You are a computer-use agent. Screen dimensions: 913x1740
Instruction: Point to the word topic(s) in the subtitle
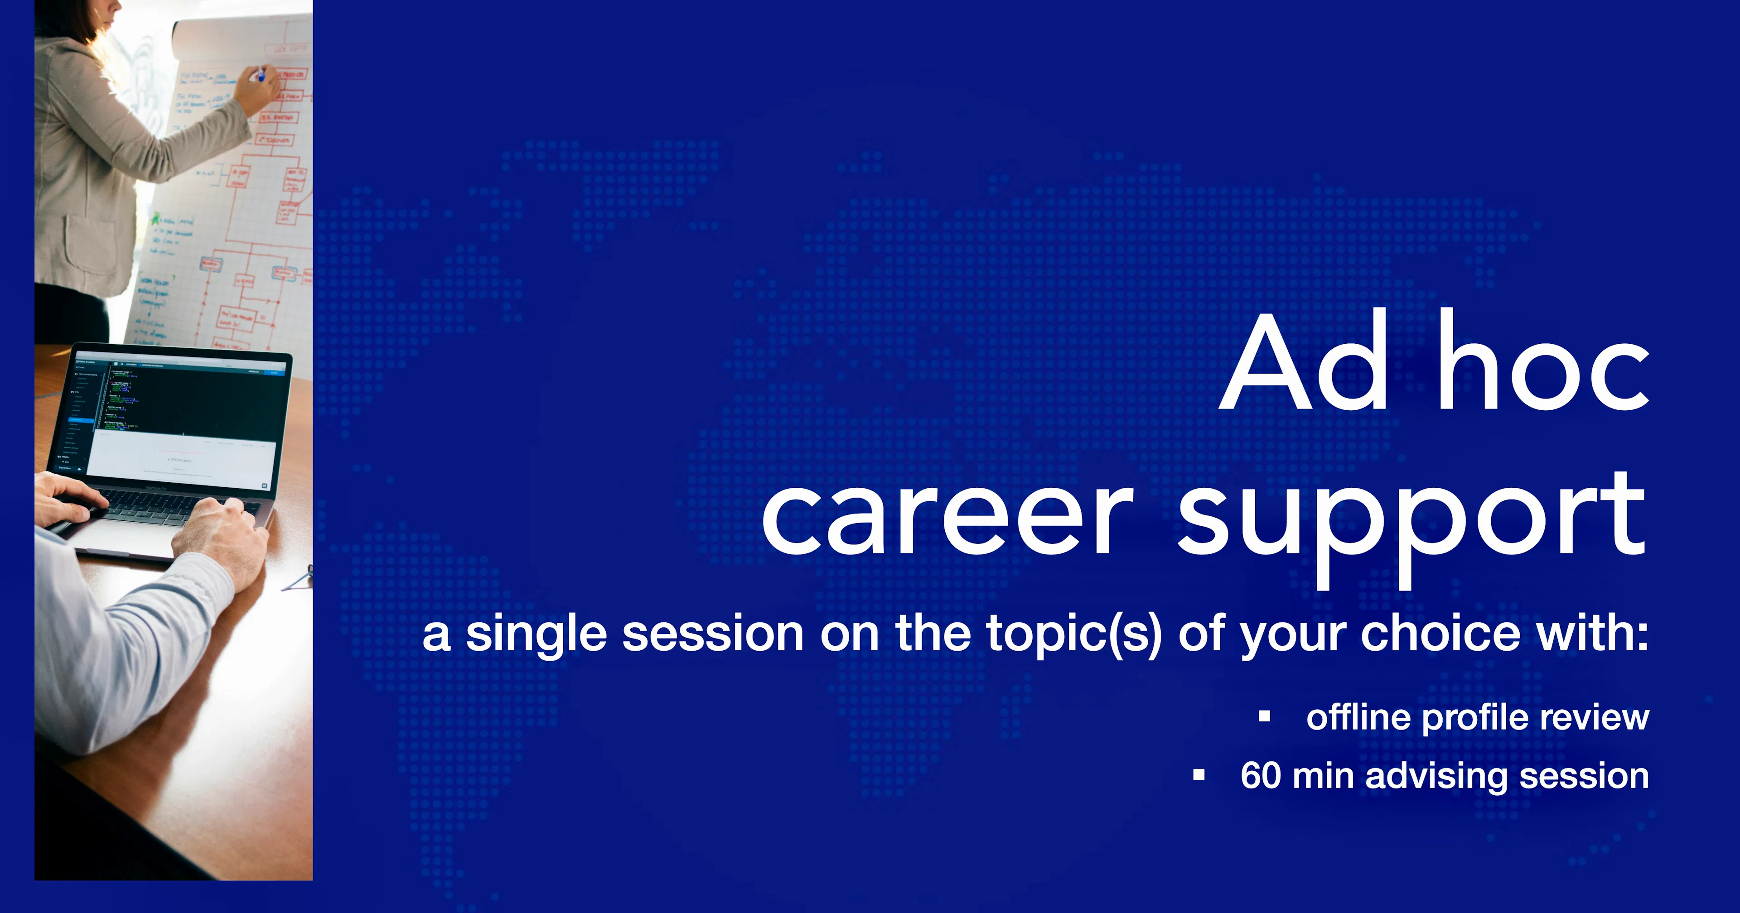[x=1074, y=635]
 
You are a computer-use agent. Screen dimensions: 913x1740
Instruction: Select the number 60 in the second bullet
[x=1261, y=775]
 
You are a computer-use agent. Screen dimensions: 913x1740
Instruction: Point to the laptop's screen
[x=182, y=418]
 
